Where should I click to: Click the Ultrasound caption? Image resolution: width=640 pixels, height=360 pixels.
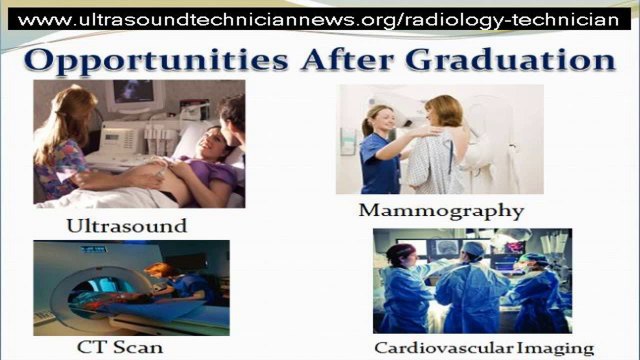pyautogui.click(x=126, y=225)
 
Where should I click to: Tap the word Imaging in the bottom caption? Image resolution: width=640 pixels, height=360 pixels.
pyautogui.click(x=558, y=348)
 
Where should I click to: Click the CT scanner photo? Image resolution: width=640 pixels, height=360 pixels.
pyautogui.click(x=130, y=287)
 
